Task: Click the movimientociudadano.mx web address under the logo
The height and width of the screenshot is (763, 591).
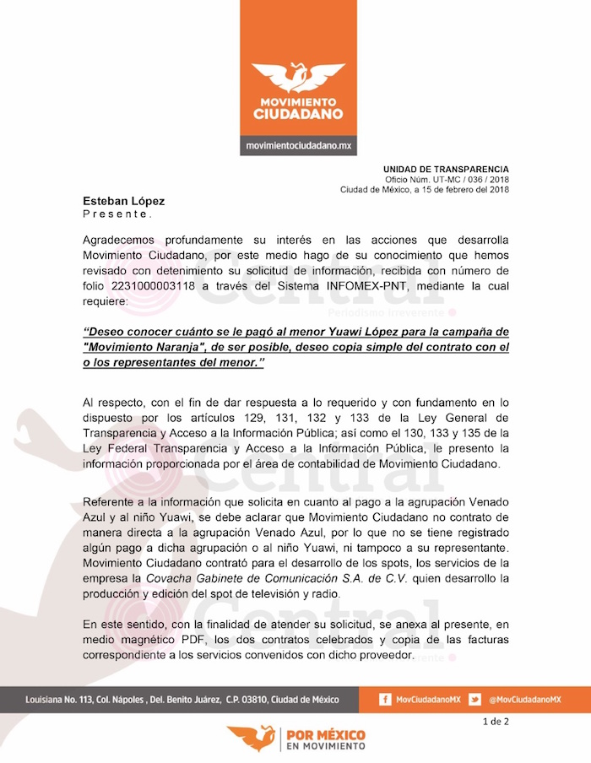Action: (298, 146)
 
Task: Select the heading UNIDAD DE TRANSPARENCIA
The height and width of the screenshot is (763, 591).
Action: (446, 170)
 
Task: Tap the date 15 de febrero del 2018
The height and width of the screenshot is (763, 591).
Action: (461, 190)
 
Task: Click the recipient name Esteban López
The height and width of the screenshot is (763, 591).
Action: (123, 201)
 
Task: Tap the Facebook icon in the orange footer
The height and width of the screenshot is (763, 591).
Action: (385, 700)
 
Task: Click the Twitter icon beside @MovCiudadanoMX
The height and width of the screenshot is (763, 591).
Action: (474, 700)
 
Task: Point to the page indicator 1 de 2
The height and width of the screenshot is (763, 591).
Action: (496, 722)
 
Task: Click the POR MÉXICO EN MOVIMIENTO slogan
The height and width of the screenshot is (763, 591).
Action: (326, 739)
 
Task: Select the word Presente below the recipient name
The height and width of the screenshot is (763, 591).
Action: (117, 214)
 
